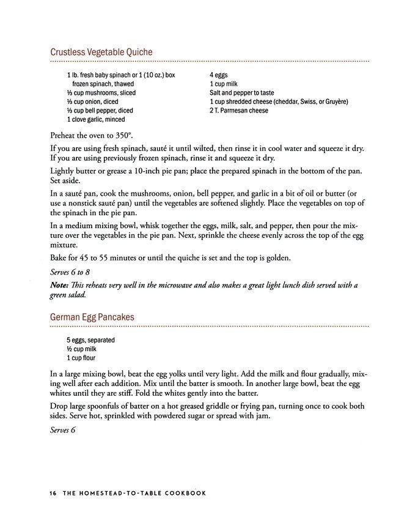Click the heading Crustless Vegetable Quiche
(x=101, y=52)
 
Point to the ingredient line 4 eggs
(x=218, y=75)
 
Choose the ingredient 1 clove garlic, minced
(x=99, y=120)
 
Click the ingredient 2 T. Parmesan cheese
(x=239, y=111)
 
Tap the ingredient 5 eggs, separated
(x=91, y=340)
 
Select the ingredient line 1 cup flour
(x=81, y=358)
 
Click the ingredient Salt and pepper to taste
(x=241, y=93)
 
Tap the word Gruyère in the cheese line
(x=334, y=102)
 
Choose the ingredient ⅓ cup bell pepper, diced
(x=100, y=111)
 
